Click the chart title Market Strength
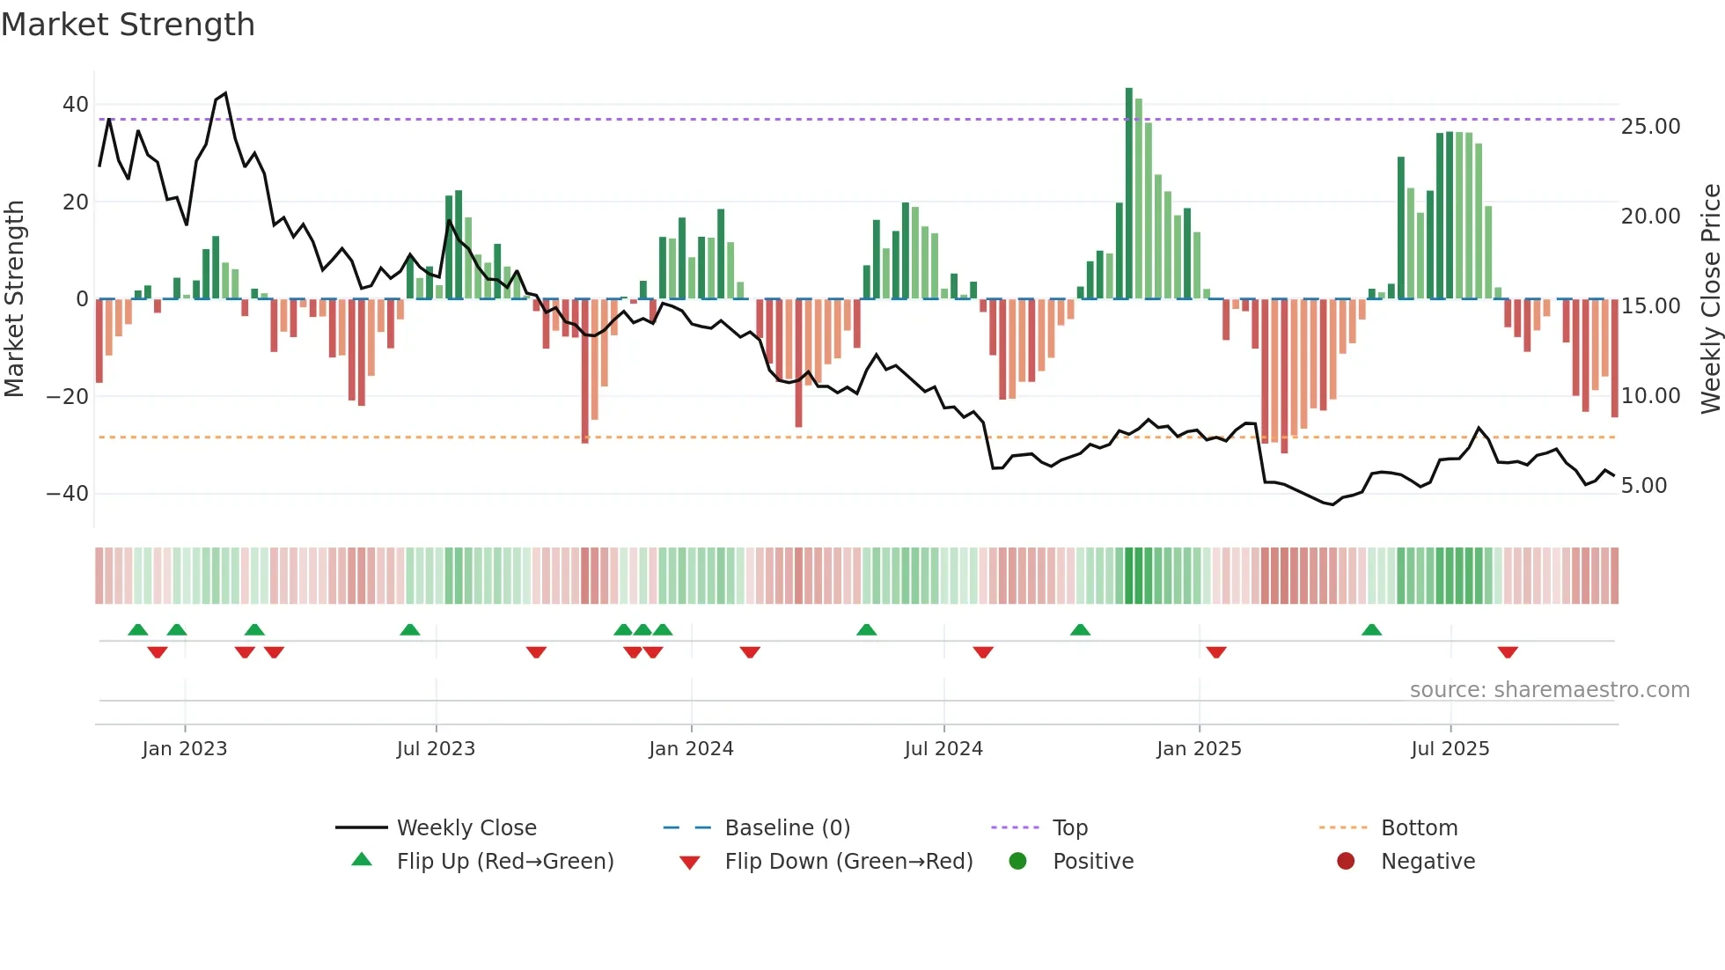pyautogui.click(x=128, y=25)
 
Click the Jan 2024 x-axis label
pyautogui.click(x=691, y=749)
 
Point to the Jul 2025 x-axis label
pyautogui.click(x=1450, y=749)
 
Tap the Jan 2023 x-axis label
pyautogui.click(x=184, y=749)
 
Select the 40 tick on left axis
pyautogui.click(x=76, y=105)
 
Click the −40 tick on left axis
pyautogui.click(x=68, y=494)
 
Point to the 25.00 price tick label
pyautogui.click(x=1650, y=127)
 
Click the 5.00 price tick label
pyautogui.click(x=1643, y=486)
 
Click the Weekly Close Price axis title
pyautogui.click(x=1710, y=298)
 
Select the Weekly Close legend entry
pyautogui.click(x=466, y=828)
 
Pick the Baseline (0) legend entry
pyautogui.click(x=787, y=828)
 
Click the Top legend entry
pyautogui.click(x=1069, y=828)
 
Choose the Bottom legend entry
pyautogui.click(x=1419, y=828)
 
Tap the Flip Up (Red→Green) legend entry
pyautogui.click(x=504, y=862)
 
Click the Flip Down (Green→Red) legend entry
pyautogui.click(x=848, y=862)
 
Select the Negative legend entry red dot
pyautogui.click(x=1346, y=862)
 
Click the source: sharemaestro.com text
pyautogui.click(x=1549, y=690)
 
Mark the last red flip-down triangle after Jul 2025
pyautogui.click(x=1508, y=652)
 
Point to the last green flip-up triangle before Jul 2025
pyautogui.click(x=1371, y=629)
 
